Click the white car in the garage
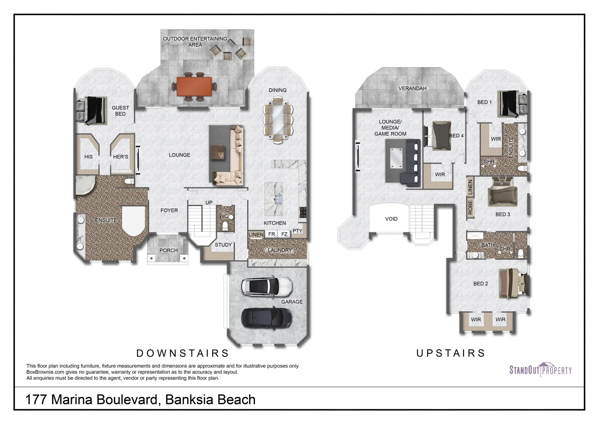(x=267, y=287)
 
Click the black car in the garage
(x=266, y=317)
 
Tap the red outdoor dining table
(x=194, y=86)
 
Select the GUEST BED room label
(x=120, y=111)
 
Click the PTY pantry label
(x=297, y=231)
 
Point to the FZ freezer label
(x=284, y=234)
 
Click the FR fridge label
(x=271, y=234)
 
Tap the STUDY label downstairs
(x=223, y=245)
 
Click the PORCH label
(x=168, y=250)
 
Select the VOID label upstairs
(x=391, y=219)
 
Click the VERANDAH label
(x=412, y=88)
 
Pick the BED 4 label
(x=456, y=136)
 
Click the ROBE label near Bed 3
(x=470, y=207)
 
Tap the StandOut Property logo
(x=540, y=370)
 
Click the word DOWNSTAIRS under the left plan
(x=182, y=353)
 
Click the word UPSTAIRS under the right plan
(x=451, y=353)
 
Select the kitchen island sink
(x=278, y=199)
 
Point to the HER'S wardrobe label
(x=120, y=157)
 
